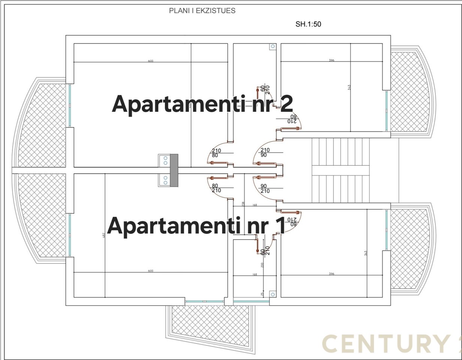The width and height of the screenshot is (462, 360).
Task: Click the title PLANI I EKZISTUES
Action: coord(202,11)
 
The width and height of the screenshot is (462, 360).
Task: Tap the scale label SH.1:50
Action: coord(308,24)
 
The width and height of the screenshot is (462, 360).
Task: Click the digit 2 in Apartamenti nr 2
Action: coord(286,103)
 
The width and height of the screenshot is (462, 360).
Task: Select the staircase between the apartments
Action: coord(341,170)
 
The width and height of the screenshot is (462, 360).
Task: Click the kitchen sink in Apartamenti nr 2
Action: coord(164,160)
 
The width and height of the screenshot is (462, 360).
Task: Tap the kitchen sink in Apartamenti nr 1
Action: coord(164,181)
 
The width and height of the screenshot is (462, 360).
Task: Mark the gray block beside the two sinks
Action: coord(174,170)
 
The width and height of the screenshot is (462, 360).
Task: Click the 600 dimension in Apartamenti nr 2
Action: coord(151,61)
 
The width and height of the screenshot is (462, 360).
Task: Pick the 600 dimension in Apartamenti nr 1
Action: coord(151,271)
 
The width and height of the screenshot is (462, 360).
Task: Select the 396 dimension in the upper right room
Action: coord(332,60)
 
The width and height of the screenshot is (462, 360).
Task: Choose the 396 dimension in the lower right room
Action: coord(332,274)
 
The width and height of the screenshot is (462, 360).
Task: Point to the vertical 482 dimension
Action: coord(104,235)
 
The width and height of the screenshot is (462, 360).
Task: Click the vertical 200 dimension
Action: coord(262,265)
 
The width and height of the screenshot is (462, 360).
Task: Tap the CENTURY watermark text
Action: coord(386,343)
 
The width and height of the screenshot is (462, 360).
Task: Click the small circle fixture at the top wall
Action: coord(272,46)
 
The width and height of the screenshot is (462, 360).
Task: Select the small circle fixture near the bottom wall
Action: coord(272,295)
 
